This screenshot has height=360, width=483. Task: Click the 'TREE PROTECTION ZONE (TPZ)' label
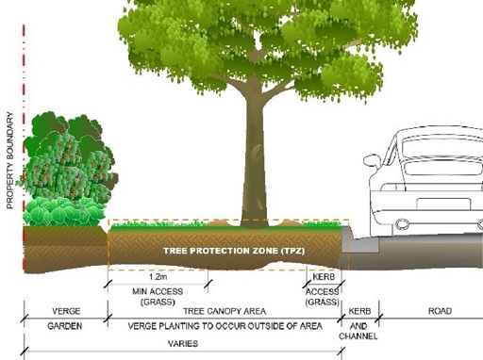click(x=225, y=251)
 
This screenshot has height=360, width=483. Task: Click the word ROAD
click(x=440, y=311)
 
